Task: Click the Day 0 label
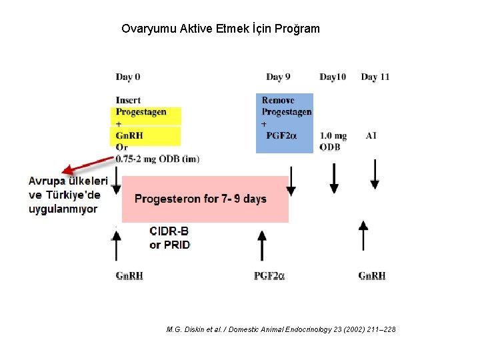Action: [x=127, y=77]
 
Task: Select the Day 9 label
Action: [x=278, y=77]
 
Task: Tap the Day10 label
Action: [x=333, y=77]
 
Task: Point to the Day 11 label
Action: [x=375, y=77]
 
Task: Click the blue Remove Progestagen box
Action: [x=285, y=123]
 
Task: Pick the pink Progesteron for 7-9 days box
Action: [x=205, y=199]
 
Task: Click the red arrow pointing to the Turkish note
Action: [x=87, y=165]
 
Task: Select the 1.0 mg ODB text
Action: [x=333, y=141]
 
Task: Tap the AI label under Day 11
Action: [x=371, y=135]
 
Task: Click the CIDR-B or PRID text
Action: [x=169, y=238]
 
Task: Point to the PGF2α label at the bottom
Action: [x=269, y=275]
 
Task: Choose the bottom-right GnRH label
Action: [x=371, y=275]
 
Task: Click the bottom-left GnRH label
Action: [x=129, y=275]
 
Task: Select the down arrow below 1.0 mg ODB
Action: [x=334, y=179]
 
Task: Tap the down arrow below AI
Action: [x=374, y=174]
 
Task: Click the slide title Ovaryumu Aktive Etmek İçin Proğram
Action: [x=221, y=29]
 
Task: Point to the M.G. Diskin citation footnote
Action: [x=281, y=329]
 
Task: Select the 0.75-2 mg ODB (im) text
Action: [x=157, y=159]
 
